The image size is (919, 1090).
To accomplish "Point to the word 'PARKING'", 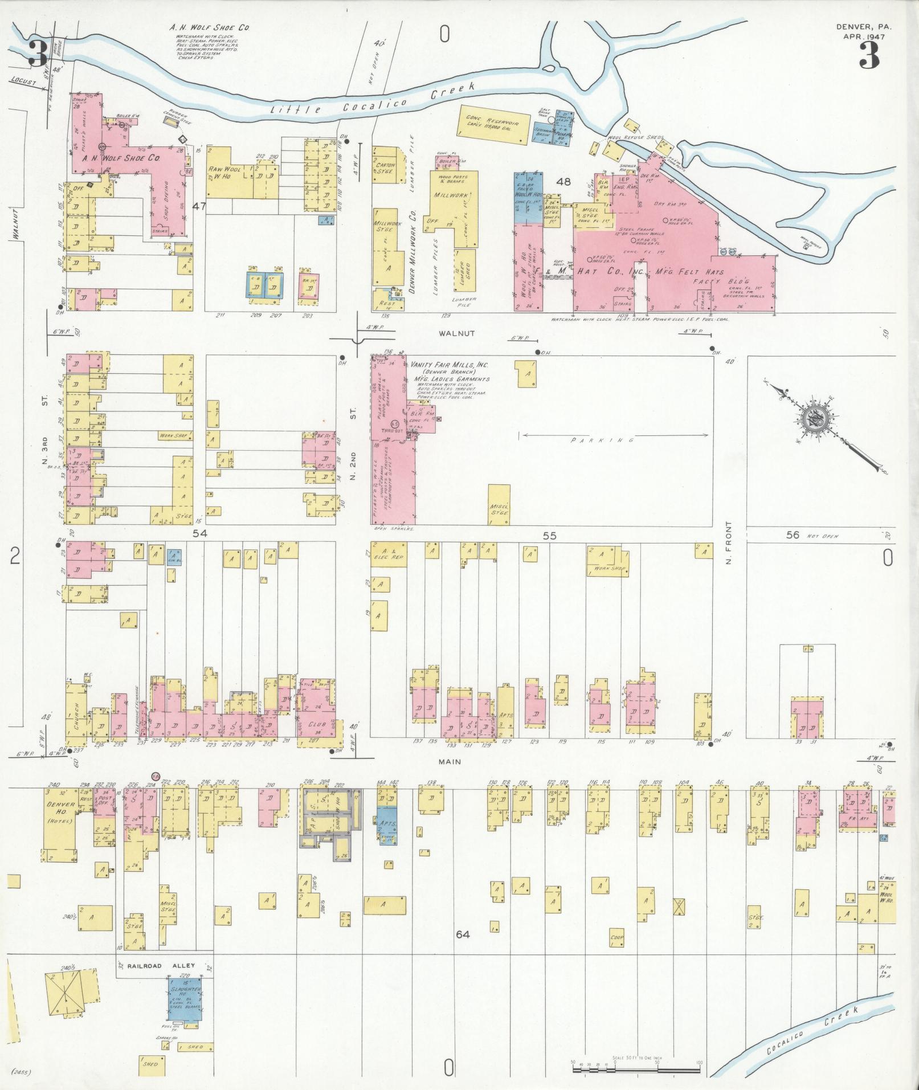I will pyautogui.click(x=602, y=440).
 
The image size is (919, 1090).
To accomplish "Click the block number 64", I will pyautogui.click(x=463, y=934).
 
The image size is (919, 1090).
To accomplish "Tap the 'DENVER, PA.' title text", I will pyautogui.click(x=864, y=26).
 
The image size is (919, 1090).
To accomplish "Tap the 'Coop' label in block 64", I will pyautogui.click(x=617, y=938).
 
